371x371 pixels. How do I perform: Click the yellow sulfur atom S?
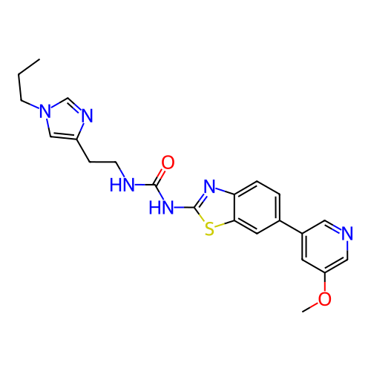pos(209,229)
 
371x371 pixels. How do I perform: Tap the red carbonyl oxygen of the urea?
pos(168,162)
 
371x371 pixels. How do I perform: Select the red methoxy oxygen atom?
pos(324,298)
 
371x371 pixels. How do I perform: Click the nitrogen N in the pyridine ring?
pos(347,233)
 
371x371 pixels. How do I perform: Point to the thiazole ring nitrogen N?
pos(209,186)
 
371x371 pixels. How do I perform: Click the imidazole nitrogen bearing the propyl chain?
pos(45,111)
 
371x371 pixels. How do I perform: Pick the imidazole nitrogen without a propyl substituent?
pos(87,115)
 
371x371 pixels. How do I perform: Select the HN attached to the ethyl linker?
pos(122,185)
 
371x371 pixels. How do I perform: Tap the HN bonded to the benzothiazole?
pos(161,207)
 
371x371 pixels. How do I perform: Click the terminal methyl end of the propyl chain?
pos(39,59)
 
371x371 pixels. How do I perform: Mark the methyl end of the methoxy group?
pos(303,312)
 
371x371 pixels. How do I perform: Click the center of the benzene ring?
pos(257,207)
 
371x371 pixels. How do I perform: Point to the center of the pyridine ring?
pos(324,246)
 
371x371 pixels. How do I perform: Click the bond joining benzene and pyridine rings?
pos(291,226)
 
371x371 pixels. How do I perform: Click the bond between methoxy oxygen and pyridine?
pos(324,283)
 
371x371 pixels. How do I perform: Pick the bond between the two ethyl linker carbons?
pos(103,162)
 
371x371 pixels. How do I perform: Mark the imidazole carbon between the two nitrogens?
pos(67,98)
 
